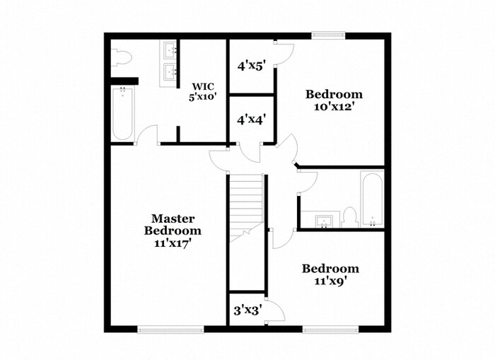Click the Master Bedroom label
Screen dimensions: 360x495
[x=173, y=224]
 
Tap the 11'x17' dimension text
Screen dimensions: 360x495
[x=173, y=242]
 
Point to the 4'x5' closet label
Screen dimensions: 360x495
[x=250, y=66]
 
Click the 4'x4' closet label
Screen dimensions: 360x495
[x=250, y=120]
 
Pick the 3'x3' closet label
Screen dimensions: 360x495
[x=248, y=310]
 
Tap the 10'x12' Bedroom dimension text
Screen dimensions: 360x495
[x=334, y=107]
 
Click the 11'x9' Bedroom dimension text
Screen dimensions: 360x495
[x=330, y=281]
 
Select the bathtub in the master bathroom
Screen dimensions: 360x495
[x=122, y=113]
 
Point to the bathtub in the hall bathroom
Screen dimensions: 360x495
[x=372, y=199]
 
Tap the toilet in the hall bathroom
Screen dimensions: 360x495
[x=349, y=217]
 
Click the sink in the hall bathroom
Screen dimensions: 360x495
[x=325, y=221]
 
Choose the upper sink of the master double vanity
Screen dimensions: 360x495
[x=170, y=50]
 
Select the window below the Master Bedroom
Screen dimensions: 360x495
[x=170, y=329]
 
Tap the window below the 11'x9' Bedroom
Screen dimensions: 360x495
[x=328, y=329]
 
